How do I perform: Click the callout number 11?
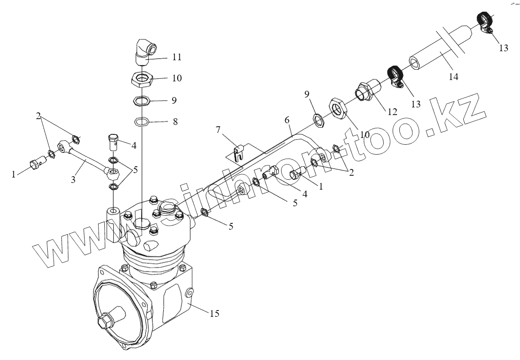176,58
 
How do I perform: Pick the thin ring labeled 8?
142,121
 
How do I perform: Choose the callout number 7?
218,130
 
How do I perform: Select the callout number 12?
392,111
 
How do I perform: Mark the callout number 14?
453,77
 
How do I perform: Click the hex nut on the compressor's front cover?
106,322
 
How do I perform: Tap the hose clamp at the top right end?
484,22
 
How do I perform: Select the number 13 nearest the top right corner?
503,47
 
